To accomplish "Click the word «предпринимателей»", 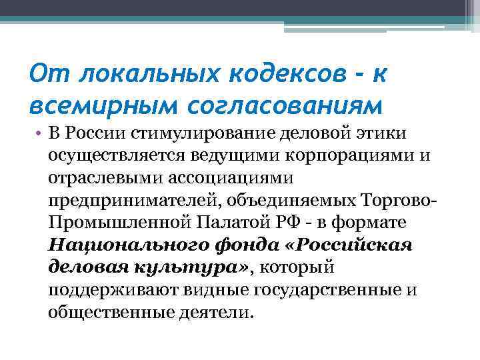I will coord(125,201).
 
